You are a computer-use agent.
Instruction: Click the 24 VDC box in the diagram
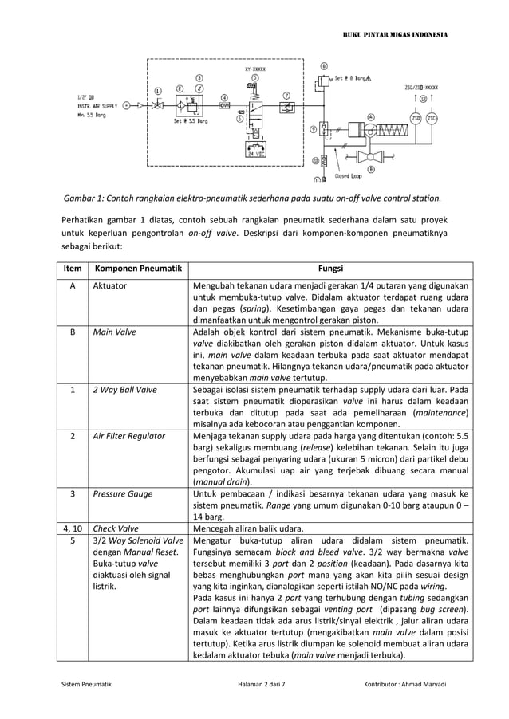(x=256, y=154)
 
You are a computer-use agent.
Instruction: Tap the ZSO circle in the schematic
(x=415, y=119)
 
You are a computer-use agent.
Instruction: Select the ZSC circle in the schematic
(x=432, y=119)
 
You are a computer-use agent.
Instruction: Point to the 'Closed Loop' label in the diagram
(x=348, y=175)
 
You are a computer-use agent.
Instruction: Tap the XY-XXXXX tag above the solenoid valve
(x=255, y=70)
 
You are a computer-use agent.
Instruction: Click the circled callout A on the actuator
(x=370, y=116)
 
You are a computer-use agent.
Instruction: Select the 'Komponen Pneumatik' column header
(x=136, y=269)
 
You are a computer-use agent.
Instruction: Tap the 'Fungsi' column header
(x=330, y=269)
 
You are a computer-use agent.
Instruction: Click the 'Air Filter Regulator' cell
(x=129, y=437)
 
